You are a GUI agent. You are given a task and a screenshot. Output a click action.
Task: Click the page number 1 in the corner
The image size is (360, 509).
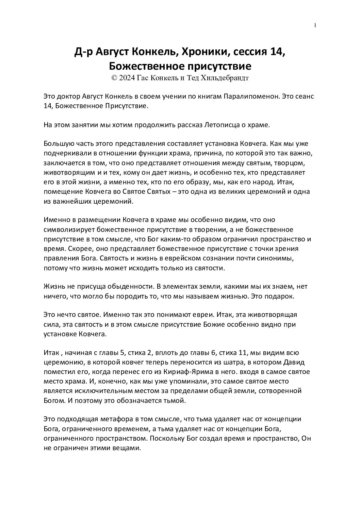click(x=315, y=25)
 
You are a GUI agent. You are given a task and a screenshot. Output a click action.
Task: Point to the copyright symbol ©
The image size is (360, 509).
click(x=114, y=78)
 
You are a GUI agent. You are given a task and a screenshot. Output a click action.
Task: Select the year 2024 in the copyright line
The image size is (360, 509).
click(x=127, y=78)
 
